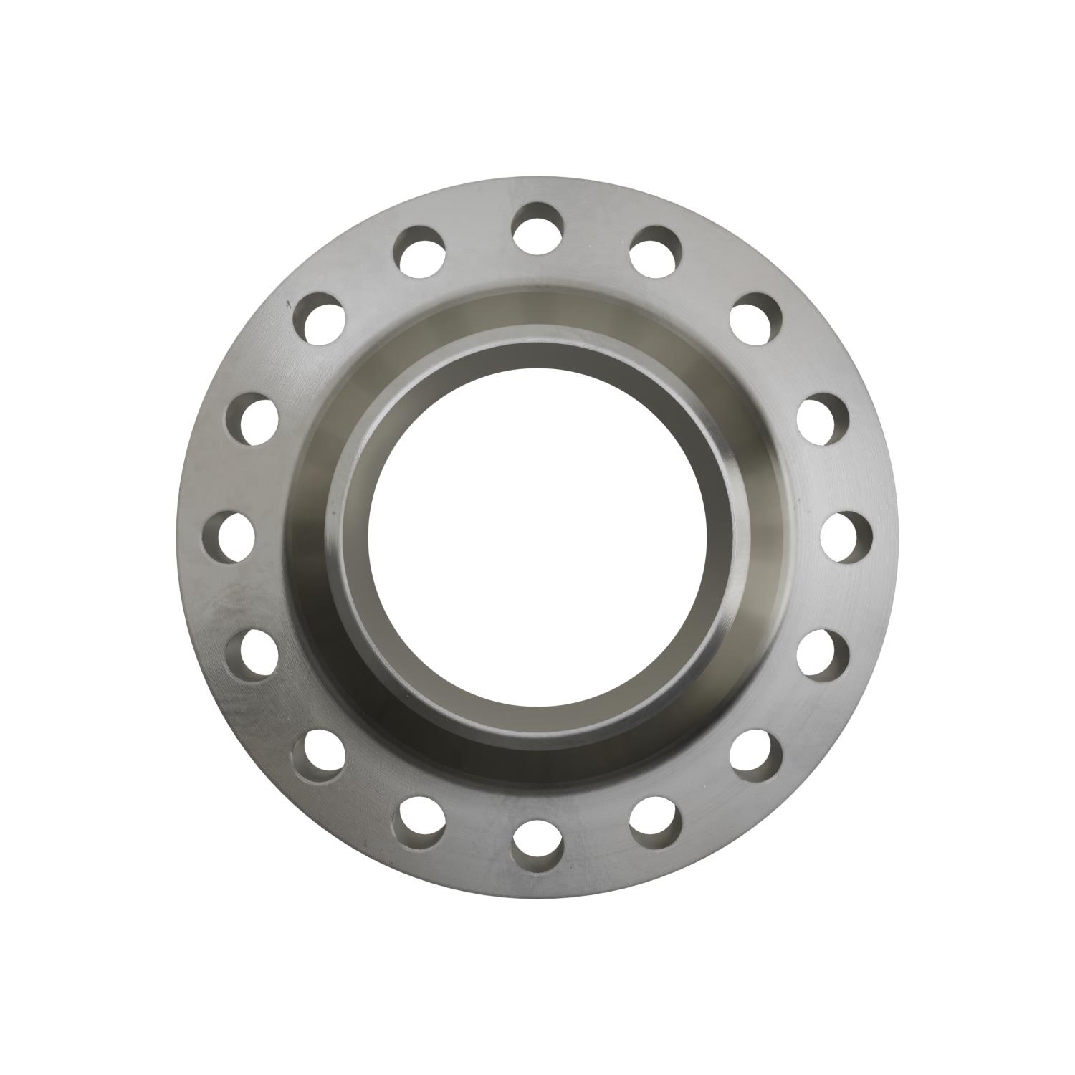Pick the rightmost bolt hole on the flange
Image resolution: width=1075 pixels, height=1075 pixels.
click(x=846, y=535)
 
